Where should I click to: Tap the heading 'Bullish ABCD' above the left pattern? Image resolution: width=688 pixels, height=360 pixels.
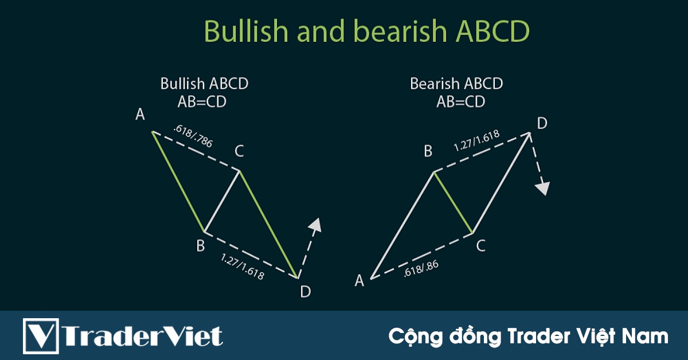pyautogui.click(x=204, y=84)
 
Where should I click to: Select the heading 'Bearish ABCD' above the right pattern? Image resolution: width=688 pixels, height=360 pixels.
pyautogui.click(x=456, y=84)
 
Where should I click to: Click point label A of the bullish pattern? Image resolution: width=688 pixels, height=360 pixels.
pyautogui.click(x=140, y=115)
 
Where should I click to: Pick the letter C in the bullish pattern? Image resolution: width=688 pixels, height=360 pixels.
pyautogui.click(x=239, y=151)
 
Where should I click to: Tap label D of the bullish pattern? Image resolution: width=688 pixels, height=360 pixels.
pyautogui.click(x=306, y=292)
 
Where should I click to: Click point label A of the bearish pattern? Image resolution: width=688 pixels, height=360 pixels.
pyautogui.click(x=359, y=280)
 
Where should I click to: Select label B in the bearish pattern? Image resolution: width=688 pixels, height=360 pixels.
pyautogui.click(x=428, y=152)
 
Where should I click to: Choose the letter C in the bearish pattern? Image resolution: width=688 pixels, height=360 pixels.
pyautogui.click(x=481, y=246)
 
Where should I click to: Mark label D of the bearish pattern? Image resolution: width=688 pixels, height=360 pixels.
pyautogui.click(x=542, y=123)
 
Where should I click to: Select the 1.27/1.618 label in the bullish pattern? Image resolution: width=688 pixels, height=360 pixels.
pyautogui.click(x=243, y=267)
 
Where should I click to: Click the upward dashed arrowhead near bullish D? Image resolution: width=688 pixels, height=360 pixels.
pyautogui.click(x=315, y=224)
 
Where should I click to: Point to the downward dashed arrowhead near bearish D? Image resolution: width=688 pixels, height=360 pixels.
pyautogui.click(x=542, y=189)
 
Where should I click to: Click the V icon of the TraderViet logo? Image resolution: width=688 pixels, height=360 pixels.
pyautogui.click(x=41, y=335)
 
